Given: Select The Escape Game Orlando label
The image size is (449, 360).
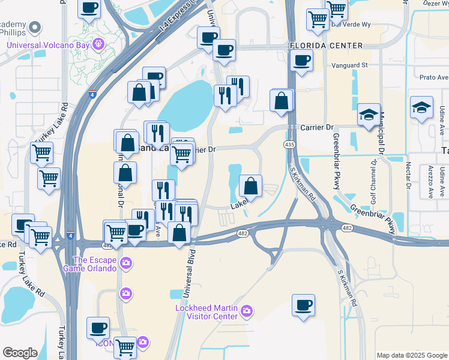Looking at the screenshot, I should click(94, 264).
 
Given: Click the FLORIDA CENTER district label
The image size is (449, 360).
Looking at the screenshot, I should click(326, 46).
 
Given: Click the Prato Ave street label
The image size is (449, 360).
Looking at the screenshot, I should click(434, 77).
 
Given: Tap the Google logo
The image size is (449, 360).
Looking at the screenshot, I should click(20, 353).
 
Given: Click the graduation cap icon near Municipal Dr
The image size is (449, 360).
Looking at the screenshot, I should click(369, 114).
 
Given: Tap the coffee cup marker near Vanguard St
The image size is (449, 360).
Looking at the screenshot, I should click(301, 60).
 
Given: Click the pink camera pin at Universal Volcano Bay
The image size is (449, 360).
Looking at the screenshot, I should click(99, 44).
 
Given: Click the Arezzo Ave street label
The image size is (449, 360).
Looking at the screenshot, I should click(430, 182).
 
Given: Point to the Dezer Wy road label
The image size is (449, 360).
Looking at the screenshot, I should click(435, 3).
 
